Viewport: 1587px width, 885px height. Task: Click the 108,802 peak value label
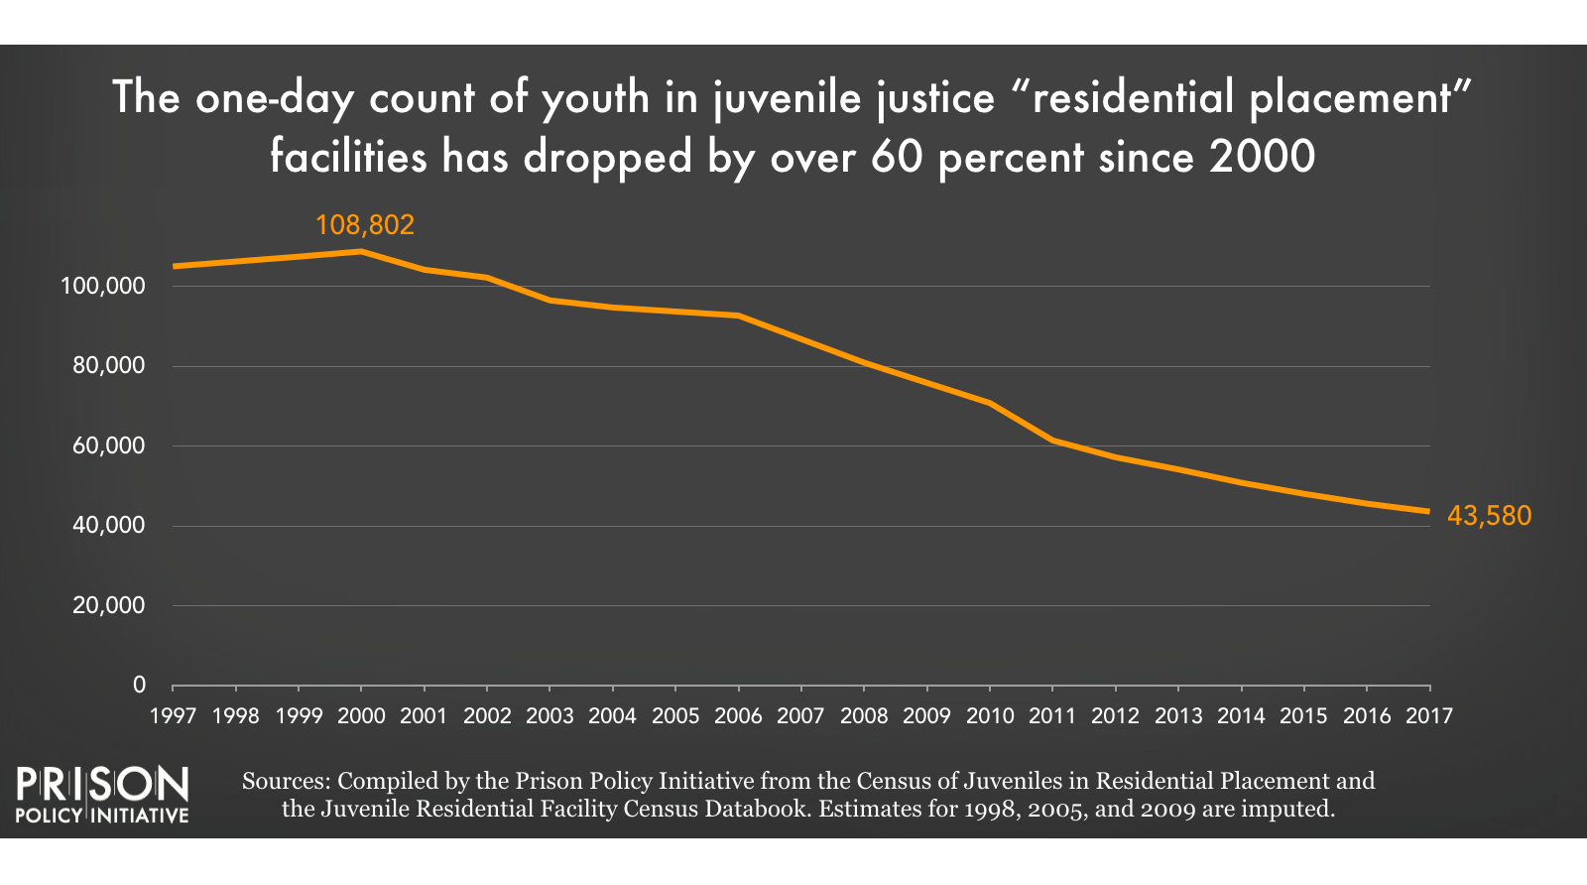pos(365,225)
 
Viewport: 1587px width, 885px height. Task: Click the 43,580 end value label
pos(1489,516)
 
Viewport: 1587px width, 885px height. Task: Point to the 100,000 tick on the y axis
pos(102,287)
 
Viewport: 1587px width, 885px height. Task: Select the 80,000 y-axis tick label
pos(108,366)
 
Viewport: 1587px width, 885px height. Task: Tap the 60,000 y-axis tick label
pos(108,446)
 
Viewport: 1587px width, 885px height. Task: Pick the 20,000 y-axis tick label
pos(108,606)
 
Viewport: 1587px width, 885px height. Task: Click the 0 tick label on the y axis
pos(139,685)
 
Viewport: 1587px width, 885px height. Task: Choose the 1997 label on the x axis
pos(173,716)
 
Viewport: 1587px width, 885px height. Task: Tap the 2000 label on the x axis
pos(361,716)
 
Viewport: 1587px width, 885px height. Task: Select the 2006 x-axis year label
pos(738,716)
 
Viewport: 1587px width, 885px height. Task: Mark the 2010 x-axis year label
pos(990,716)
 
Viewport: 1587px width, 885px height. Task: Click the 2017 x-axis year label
pos(1429,716)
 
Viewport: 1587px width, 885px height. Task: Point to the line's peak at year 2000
pos(361,251)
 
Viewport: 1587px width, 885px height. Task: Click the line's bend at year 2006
pos(738,316)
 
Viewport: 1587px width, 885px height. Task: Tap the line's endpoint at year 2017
pos(1428,511)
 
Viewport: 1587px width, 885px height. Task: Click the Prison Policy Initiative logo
pos(102,795)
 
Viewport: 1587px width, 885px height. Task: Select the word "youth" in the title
pos(593,98)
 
